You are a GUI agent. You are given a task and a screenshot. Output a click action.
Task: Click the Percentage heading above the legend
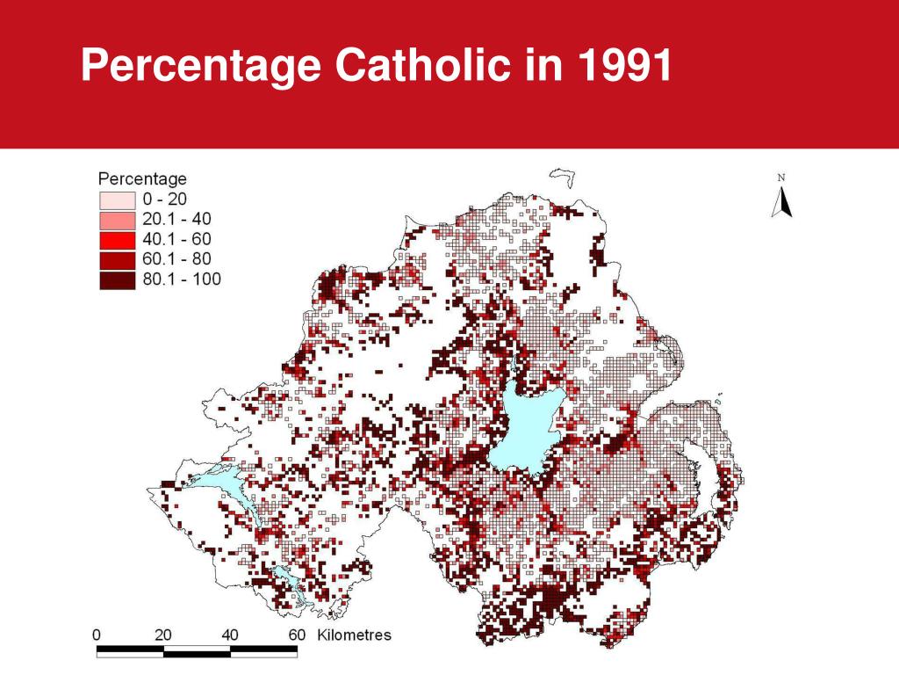[142, 178]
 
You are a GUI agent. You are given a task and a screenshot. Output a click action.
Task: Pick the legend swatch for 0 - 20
[116, 200]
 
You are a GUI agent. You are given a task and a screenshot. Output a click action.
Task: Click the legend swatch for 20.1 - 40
[116, 220]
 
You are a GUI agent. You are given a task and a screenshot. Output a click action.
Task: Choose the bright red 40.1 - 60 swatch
[116, 240]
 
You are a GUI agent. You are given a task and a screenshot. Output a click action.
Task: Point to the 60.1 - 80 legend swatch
[116, 260]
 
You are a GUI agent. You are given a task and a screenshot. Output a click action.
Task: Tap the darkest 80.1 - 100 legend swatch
[116, 280]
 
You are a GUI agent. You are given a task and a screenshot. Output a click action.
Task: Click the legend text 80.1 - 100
[182, 280]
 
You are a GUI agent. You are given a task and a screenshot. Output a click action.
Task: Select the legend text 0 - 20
[164, 200]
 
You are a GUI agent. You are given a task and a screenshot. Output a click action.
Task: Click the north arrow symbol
[781, 202]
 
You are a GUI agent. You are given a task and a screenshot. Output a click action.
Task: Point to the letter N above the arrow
[781, 178]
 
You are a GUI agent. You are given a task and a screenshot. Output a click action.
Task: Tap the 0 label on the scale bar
[97, 635]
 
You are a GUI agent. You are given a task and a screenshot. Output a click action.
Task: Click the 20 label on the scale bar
[163, 635]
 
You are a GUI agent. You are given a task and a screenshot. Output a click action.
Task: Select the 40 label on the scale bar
[230, 635]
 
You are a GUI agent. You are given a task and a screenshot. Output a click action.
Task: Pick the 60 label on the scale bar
[297, 635]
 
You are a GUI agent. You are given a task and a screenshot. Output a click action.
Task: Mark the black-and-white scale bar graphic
[197, 651]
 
